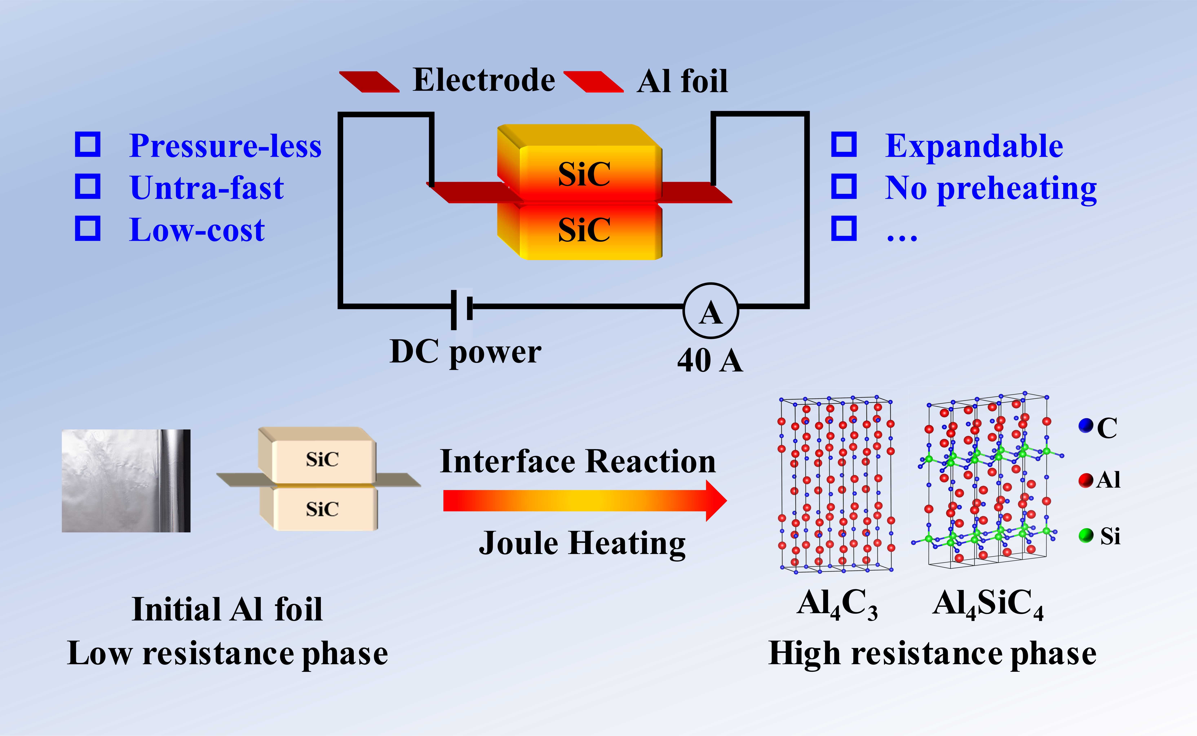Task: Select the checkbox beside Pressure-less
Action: point(88,145)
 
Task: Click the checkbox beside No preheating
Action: point(844,186)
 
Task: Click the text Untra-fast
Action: point(207,188)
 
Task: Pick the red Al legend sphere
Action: point(1086,480)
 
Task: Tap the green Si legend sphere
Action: point(1086,535)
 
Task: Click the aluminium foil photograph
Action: point(126,480)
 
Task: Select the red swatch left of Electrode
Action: point(369,81)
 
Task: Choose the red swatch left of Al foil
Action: point(593,81)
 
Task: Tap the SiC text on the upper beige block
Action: point(322,459)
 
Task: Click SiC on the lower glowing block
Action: point(584,230)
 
